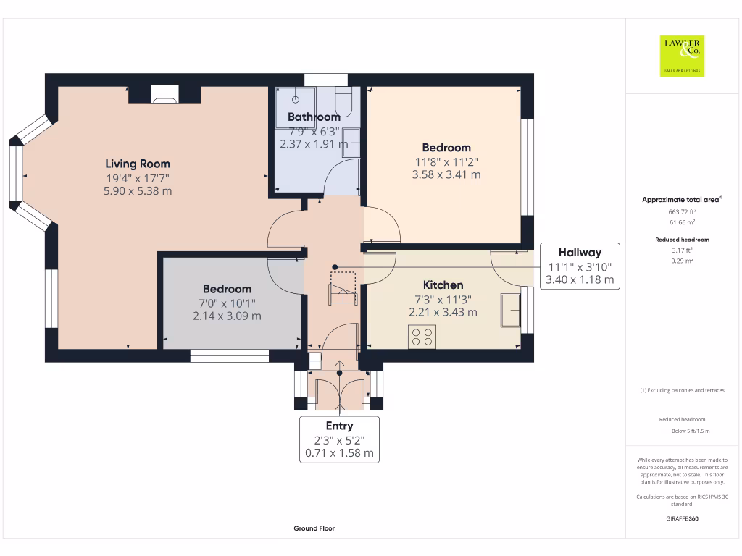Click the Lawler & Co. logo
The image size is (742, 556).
[x=682, y=56]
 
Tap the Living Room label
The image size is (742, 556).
[x=138, y=164]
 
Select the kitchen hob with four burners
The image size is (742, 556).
[x=422, y=337]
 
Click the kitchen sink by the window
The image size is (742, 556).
[x=510, y=311]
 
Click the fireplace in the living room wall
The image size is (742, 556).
[x=164, y=93]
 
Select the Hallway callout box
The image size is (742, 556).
[x=580, y=266]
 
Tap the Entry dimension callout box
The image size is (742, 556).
[x=339, y=439]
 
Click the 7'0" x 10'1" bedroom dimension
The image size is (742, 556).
[x=227, y=303]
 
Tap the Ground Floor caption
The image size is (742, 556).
[x=314, y=528]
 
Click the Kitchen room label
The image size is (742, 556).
[x=443, y=285]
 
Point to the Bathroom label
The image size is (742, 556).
[x=313, y=117]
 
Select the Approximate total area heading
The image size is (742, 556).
[x=681, y=200]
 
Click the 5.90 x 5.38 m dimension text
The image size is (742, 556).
[x=138, y=191]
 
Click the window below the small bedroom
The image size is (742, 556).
[x=229, y=355]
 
